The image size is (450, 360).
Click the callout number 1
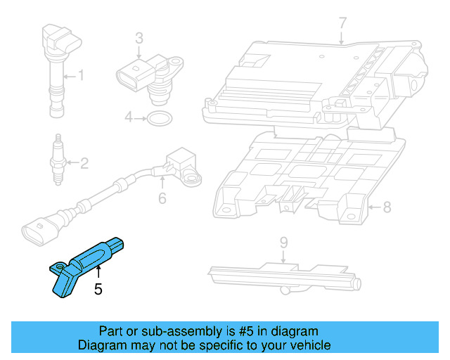point(81,75)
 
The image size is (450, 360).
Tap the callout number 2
point(84,165)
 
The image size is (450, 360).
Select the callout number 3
point(139,38)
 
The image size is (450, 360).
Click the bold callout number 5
point(98,288)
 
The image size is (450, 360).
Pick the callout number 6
point(162,199)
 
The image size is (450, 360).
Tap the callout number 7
point(342,23)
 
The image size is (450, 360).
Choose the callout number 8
point(386,207)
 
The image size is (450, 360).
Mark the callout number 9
point(283,243)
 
